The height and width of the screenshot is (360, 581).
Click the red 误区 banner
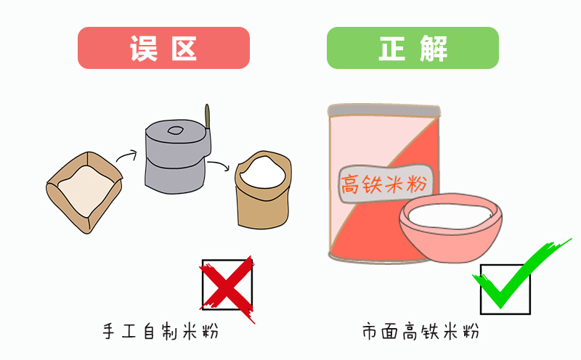coord(163,48)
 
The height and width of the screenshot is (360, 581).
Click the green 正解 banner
coord(413,48)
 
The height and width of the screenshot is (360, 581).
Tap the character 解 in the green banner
coord(434,48)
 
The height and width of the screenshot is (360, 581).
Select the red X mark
coord(227,290)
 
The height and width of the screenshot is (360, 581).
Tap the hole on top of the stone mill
coord(175,131)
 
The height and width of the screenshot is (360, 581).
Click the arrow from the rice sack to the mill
coord(124,154)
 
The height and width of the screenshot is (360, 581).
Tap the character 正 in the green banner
coord(392,48)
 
